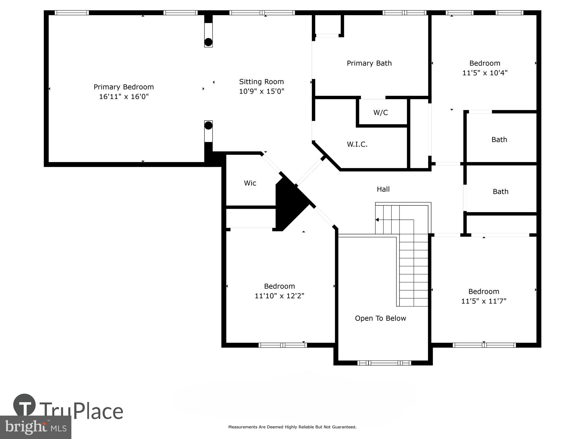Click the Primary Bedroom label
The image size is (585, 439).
click(123, 87)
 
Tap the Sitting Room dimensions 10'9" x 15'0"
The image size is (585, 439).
click(261, 91)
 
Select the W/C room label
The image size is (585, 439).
click(381, 113)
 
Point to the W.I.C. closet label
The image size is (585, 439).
click(357, 144)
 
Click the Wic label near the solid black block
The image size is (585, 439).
click(250, 183)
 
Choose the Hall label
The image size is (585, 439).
click(383, 189)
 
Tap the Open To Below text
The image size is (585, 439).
click(380, 318)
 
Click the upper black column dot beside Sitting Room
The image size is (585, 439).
click(208, 42)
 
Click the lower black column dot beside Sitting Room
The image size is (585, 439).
click(208, 126)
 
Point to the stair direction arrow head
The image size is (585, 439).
click(377, 220)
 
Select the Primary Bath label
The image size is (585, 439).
click(369, 63)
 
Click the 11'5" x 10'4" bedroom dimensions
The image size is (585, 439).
click(484, 73)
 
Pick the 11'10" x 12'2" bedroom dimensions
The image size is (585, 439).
click(279, 296)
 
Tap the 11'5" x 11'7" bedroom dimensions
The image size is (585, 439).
click(484, 301)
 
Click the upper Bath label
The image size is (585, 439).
click(499, 140)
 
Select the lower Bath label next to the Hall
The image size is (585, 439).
click(500, 192)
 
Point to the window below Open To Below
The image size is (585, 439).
click(384, 363)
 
